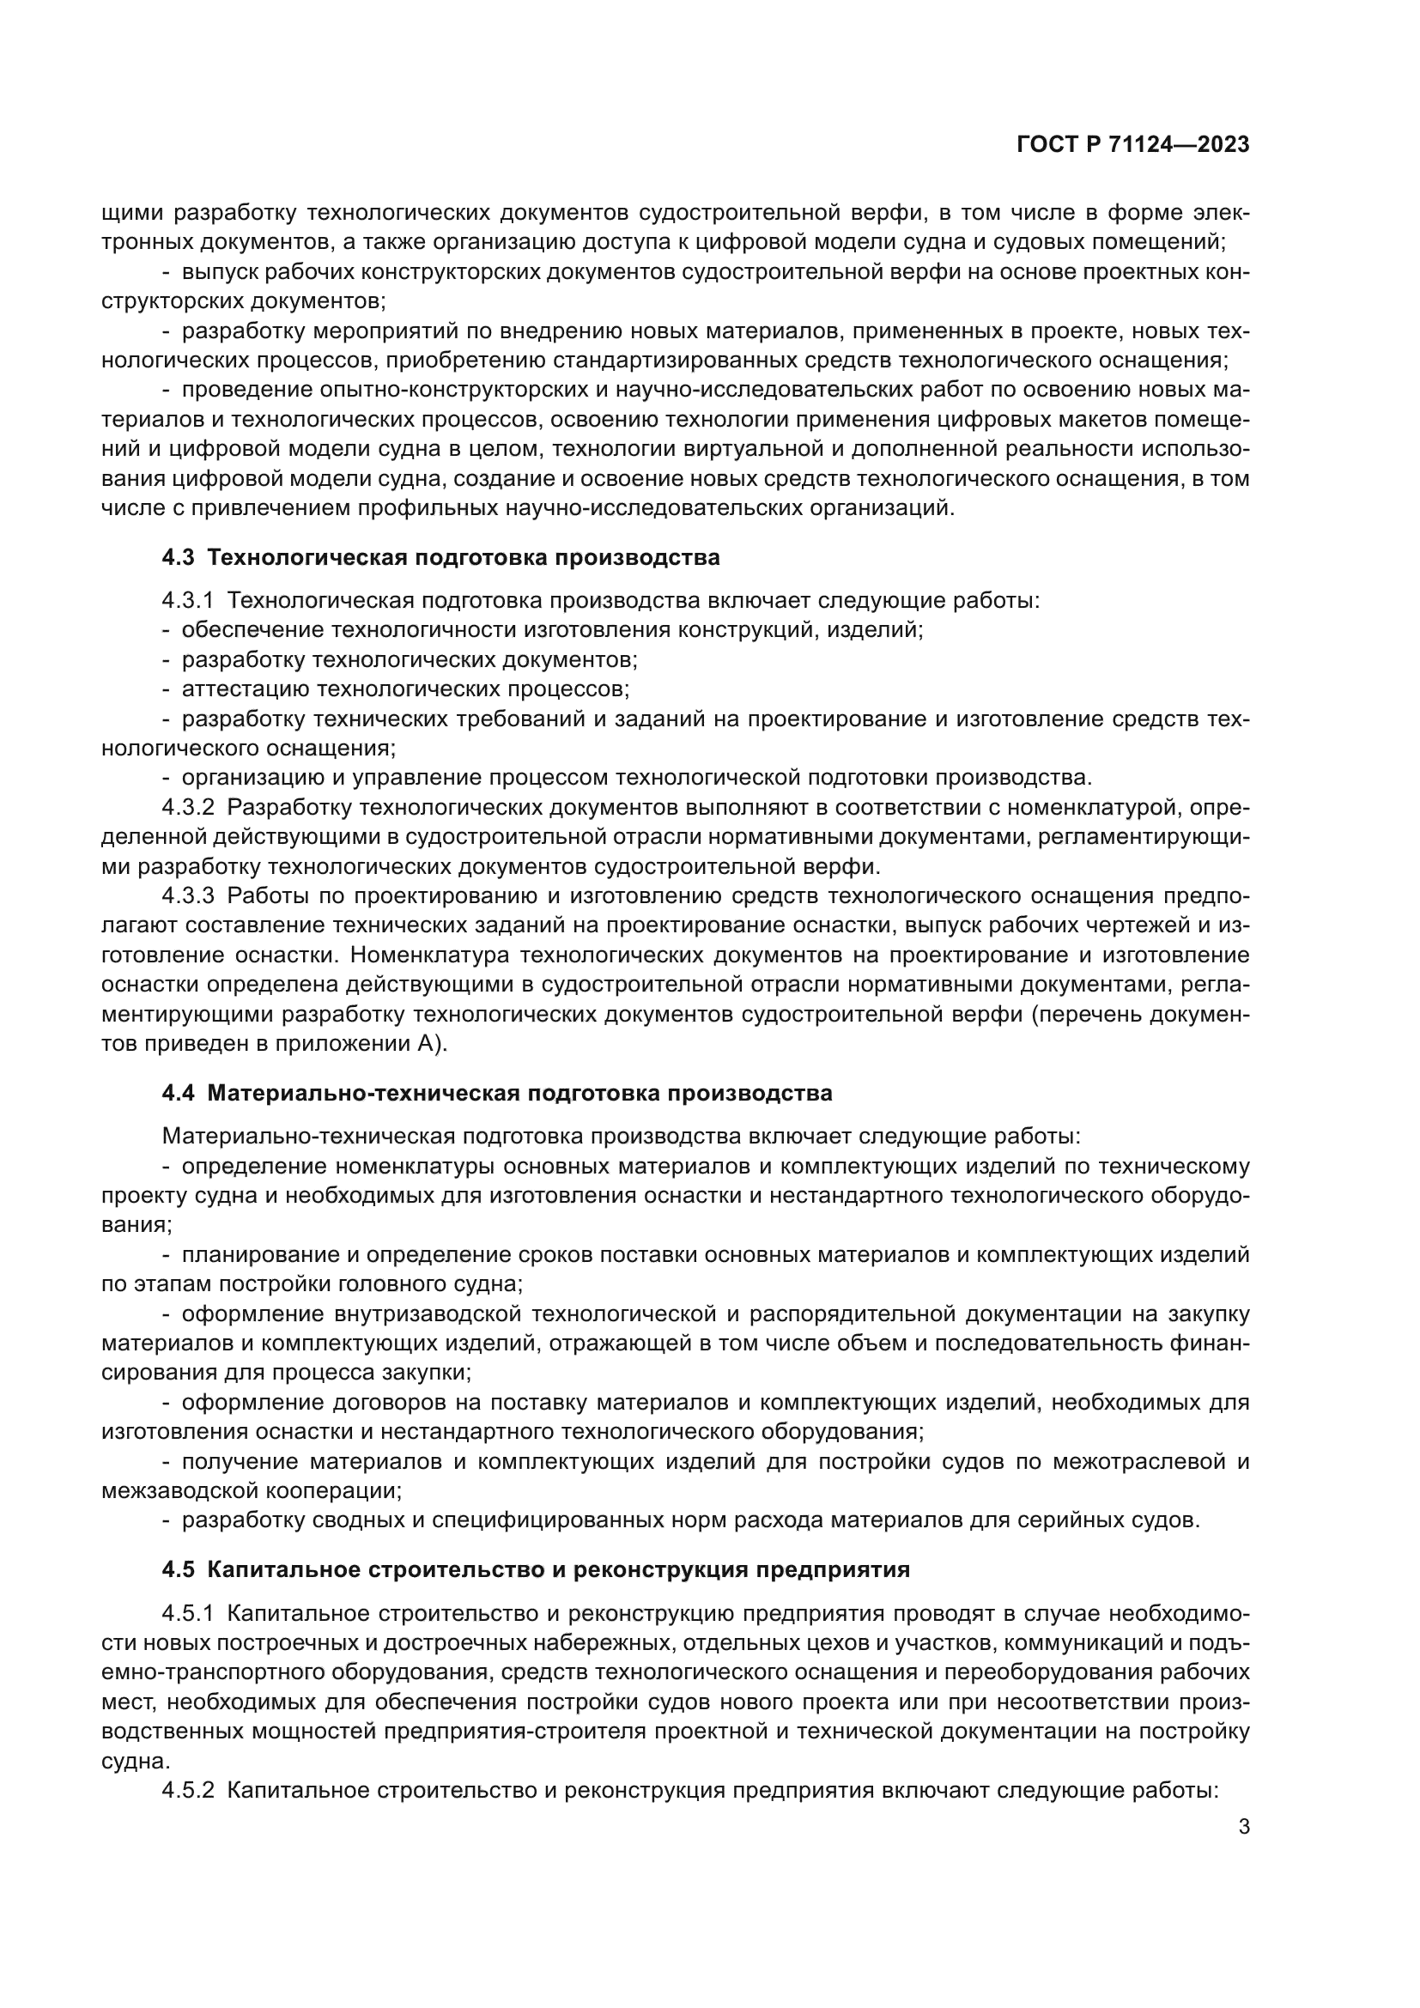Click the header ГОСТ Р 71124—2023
(x=1133, y=145)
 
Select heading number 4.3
(x=179, y=558)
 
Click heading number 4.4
(x=179, y=1093)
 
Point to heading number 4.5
(x=179, y=1569)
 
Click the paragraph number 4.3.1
(x=187, y=601)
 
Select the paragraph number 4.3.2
(x=187, y=807)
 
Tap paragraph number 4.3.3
(x=187, y=895)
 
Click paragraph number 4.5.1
(x=187, y=1613)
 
